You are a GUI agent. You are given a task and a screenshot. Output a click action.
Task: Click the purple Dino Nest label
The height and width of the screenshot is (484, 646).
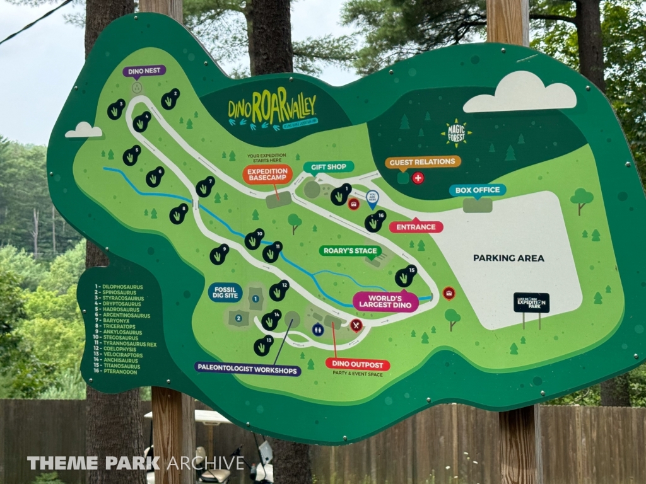tap(144, 71)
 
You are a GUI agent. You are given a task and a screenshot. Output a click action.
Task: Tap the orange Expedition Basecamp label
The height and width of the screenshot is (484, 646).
tap(267, 174)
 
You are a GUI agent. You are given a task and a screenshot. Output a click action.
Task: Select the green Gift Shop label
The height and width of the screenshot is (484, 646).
tap(329, 167)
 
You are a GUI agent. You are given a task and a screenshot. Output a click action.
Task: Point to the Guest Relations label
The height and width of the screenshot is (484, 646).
tap(423, 162)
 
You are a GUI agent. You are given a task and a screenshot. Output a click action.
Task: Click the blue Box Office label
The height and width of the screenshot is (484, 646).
tap(478, 190)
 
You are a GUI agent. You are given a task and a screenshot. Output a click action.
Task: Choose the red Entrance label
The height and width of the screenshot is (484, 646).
tap(416, 227)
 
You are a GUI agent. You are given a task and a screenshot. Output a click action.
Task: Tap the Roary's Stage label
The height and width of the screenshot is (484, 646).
tap(350, 251)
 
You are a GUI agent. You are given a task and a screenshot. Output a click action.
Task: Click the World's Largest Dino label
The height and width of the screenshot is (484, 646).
tap(385, 302)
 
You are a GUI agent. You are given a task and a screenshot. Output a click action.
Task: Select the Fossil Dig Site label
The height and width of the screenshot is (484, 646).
tap(225, 292)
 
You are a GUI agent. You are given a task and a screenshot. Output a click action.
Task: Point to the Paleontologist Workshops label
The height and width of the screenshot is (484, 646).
tap(247, 369)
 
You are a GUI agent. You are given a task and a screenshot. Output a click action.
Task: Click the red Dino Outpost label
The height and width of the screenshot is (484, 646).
tap(358, 364)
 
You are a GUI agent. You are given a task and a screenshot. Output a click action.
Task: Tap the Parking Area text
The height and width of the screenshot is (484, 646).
tap(508, 258)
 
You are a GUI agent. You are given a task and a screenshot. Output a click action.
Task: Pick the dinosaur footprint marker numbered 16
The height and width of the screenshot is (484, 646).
tap(375, 221)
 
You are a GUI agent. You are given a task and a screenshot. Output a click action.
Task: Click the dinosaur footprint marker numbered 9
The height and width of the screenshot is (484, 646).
tap(219, 255)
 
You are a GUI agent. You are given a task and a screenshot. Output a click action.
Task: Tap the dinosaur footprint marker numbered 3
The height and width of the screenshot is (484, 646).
tap(115, 110)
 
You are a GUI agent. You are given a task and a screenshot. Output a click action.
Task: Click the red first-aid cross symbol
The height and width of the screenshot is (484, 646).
tap(418, 178)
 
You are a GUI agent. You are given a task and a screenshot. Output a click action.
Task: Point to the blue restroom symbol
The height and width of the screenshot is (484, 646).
tap(318, 329)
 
